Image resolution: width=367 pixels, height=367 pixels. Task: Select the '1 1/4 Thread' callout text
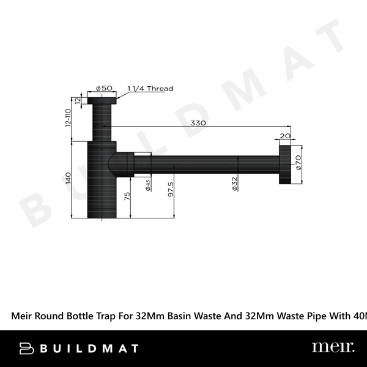[x=150, y=89]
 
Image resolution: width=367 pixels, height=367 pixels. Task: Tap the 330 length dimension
[x=198, y=123]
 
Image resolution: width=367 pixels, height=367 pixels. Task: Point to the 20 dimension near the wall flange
[x=285, y=136]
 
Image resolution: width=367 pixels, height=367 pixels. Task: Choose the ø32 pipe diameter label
[x=234, y=184]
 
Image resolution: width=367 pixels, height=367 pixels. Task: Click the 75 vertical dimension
[x=127, y=197]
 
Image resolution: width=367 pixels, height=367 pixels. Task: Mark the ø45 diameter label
[x=149, y=184]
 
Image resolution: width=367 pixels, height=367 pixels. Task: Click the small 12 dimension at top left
[x=78, y=100]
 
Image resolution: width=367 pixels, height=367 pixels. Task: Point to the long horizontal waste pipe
[x=208, y=164]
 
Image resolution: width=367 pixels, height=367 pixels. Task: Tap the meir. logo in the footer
[x=333, y=347]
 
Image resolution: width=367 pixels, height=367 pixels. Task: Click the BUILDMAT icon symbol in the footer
[x=27, y=348]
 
